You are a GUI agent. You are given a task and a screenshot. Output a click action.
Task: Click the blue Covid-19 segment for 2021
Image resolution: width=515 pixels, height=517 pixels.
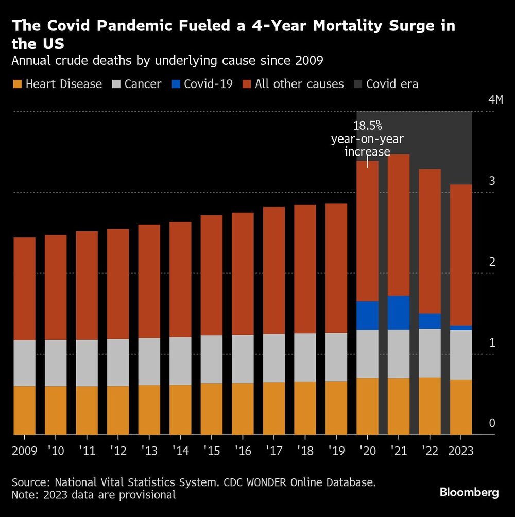(398, 313)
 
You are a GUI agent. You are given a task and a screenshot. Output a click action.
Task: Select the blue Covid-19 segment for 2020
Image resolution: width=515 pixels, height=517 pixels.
(367, 315)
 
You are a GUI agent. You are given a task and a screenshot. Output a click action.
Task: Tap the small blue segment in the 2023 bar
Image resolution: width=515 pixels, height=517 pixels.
(461, 328)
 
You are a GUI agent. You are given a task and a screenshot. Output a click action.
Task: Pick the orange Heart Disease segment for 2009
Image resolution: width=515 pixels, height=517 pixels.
(24, 410)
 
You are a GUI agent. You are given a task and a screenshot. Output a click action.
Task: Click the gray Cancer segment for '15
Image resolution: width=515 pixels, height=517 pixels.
(211, 359)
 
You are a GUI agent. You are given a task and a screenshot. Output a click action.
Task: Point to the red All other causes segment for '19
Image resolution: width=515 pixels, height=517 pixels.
(336, 268)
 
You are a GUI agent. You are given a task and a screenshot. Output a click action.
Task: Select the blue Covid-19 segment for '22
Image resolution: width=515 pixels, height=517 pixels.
(430, 321)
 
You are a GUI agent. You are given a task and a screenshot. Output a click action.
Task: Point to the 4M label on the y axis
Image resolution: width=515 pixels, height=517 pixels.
(495, 100)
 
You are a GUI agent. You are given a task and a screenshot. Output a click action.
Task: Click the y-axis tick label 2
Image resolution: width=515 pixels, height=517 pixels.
(492, 262)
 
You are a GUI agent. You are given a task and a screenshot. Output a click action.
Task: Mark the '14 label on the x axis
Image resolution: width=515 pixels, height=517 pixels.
(180, 451)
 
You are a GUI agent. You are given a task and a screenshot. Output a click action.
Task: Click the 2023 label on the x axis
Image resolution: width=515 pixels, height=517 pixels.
(461, 451)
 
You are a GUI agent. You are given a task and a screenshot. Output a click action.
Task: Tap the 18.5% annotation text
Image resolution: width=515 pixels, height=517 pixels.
(367, 125)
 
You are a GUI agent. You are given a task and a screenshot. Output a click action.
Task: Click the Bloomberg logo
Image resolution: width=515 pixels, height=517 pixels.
(469, 493)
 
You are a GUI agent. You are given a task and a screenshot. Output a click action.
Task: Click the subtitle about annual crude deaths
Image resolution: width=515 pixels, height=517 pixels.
(167, 61)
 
